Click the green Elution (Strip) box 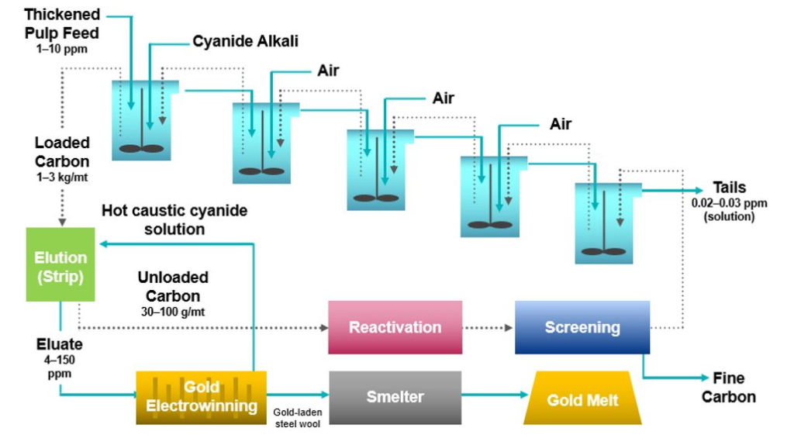coord(60,264)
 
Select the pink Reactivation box coord(395,327)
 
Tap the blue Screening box coord(582,327)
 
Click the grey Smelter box coord(395,397)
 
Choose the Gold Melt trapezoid coord(582,398)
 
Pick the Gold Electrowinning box coord(201,397)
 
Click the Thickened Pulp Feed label coord(61,24)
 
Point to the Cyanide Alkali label coord(245,41)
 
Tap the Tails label coord(730,188)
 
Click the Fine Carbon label coord(728,387)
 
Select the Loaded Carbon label coord(62,152)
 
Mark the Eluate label coord(59,343)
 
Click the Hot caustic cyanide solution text coord(174,219)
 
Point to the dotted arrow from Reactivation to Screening coord(488,327)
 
